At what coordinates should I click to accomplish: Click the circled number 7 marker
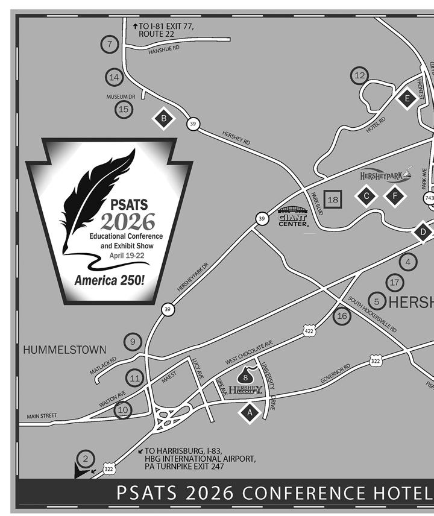click(110, 44)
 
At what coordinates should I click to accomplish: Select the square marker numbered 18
click(333, 200)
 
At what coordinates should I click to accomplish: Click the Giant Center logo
click(293, 217)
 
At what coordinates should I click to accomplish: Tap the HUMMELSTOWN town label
click(64, 350)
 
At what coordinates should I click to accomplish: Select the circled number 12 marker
click(360, 75)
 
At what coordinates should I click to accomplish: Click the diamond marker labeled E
click(407, 98)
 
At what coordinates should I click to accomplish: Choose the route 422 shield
click(309, 331)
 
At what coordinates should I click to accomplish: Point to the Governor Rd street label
click(336, 373)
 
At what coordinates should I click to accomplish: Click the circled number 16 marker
click(342, 315)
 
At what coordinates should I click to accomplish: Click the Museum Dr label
click(121, 96)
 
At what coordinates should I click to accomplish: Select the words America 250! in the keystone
click(109, 280)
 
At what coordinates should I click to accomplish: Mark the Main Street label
click(42, 416)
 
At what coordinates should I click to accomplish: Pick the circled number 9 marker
click(133, 341)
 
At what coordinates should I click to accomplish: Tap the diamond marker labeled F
click(395, 195)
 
